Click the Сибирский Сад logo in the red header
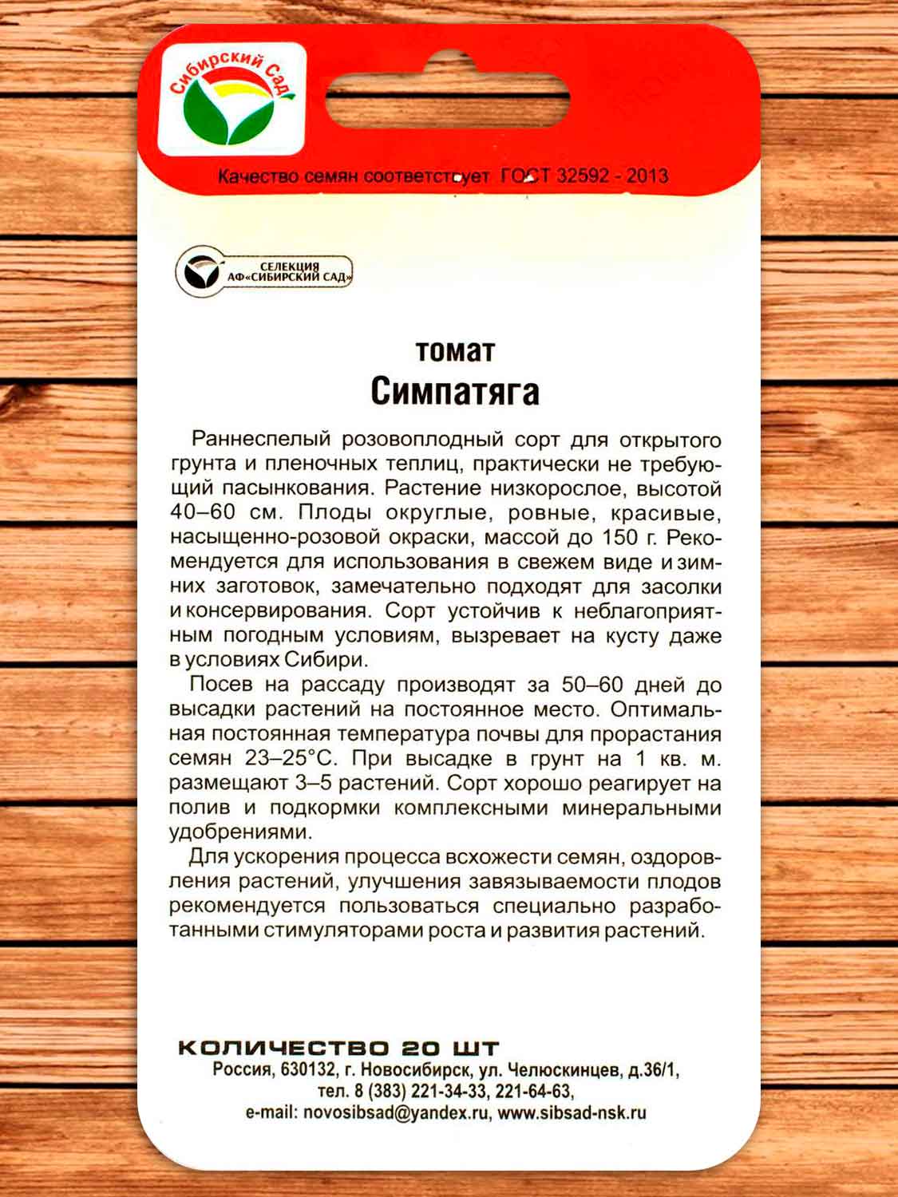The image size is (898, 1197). (231, 100)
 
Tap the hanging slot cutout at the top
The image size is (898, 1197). (448, 100)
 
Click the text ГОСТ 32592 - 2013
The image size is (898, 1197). (584, 176)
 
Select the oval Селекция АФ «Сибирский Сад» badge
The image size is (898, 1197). (264, 272)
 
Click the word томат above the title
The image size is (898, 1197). (455, 351)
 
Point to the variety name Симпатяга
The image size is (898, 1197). (455, 391)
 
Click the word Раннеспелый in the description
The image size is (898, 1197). (261, 440)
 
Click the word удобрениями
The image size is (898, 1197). (239, 832)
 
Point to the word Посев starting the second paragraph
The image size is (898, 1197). (220, 685)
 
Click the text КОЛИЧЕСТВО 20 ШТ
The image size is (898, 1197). (338, 1048)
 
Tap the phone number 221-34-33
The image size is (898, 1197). (449, 1091)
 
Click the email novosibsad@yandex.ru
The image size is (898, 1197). (395, 1112)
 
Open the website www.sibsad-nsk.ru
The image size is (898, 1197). (572, 1112)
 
